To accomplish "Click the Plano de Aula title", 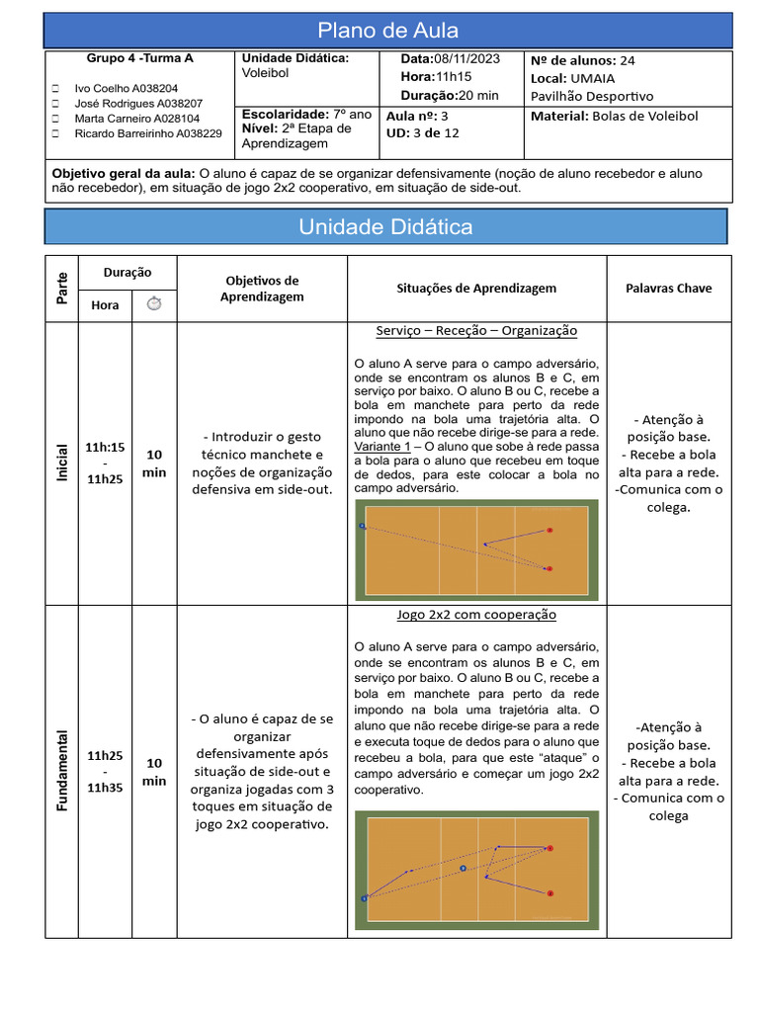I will pyautogui.click(x=387, y=31).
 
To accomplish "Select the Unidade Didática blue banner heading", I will pyautogui.click(x=385, y=227).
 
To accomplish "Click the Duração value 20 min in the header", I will pyautogui.click(x=478, y=95).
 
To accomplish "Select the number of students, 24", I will pyautogui.click(x=627, y=60).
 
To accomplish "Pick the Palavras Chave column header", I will pyautogui.click(x=668, y=289).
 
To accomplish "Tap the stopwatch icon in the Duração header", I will pyautogui.click(x=153, y=304).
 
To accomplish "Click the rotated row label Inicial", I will pyautogui.click(x=63, y=463).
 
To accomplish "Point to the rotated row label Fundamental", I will pyautogui.click(x=63, y=771).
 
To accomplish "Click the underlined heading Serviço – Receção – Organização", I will pyautogui.click(x=476, y=331).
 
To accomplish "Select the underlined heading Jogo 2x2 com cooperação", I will pyautogui.click(x=476, y=615).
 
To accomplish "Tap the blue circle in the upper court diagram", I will pyautogui.click(x=363, y=527).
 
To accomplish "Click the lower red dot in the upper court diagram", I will pyautogui.click(x=549, y=568).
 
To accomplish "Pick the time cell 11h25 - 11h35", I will pyautogui.click(x=105, y=771).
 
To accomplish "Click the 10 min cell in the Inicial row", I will pyautogui.click(x=154, y=463).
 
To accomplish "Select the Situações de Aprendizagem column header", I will pyautogui.click(x=476, y=289).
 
